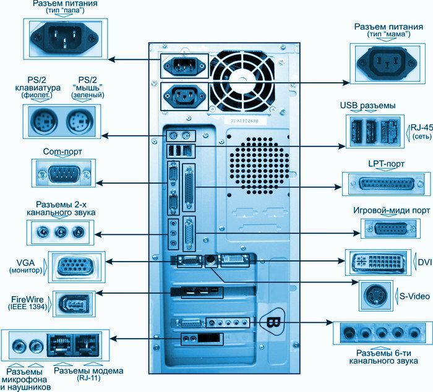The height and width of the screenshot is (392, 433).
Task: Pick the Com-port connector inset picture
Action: tap(64, 173)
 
